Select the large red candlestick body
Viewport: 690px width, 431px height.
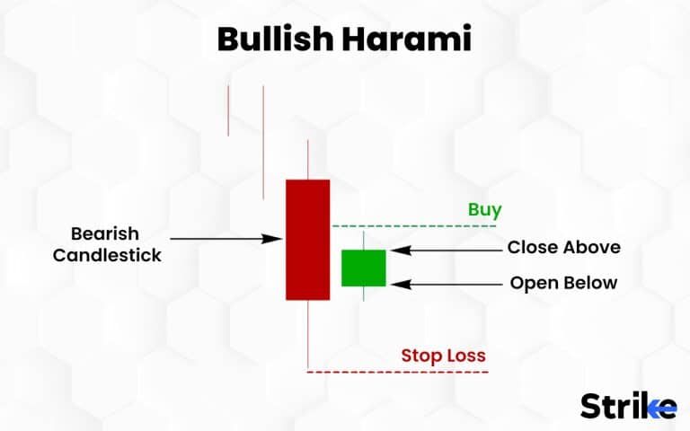[x=307, y=239]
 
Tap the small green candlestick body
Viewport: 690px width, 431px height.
[x=363, y=268]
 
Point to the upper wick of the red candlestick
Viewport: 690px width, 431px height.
[x=308, y=160]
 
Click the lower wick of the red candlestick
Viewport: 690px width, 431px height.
[x=308, y=334]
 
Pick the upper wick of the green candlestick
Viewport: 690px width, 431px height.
[x=363, y=240]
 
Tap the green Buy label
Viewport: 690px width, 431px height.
[x=484, y=210]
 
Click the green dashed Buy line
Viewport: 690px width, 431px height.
[x=413, y=226]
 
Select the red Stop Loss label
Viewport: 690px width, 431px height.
[x=443, y=356]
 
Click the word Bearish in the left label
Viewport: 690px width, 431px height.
[x=105, y=233]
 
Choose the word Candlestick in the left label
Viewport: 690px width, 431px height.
[x=107, y=255]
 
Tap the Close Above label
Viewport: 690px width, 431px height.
[x=563, y=247]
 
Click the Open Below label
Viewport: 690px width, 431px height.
[x=563, y=283]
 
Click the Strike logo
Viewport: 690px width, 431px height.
[x=628, y=405]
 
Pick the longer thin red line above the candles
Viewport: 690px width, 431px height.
[x=263, y=142]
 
